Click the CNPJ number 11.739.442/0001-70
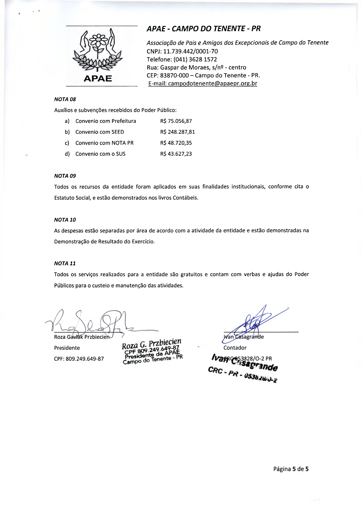tap(190, 51)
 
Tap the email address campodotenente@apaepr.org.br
tap(212, 84)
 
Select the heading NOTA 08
tap(65, 99)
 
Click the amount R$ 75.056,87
tap(176, 121)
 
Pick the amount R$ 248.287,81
tap(177, 132)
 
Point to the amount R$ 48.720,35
tap(176, 143)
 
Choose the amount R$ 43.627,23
tap(176, 154)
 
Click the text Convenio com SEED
tap(100, 132)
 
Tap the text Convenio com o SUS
tap(101, 154)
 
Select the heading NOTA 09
tap(65, 176)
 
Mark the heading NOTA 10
tap(65, 220)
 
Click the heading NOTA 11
tap(65, 264)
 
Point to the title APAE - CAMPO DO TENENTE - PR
tap(204, 29)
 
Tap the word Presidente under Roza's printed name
tap(67, 348)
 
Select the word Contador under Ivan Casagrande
tap(235, 348)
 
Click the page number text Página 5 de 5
tap(291, 469)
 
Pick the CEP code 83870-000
tap(175, 76)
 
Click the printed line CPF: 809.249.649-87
tap(79, 359)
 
